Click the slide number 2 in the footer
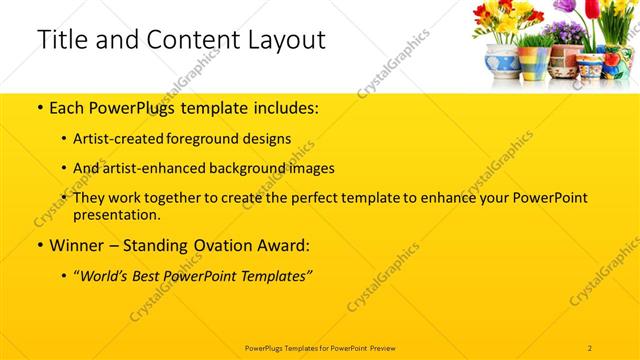[x=590, y=347]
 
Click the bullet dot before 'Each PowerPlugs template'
[x=39, y=107]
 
